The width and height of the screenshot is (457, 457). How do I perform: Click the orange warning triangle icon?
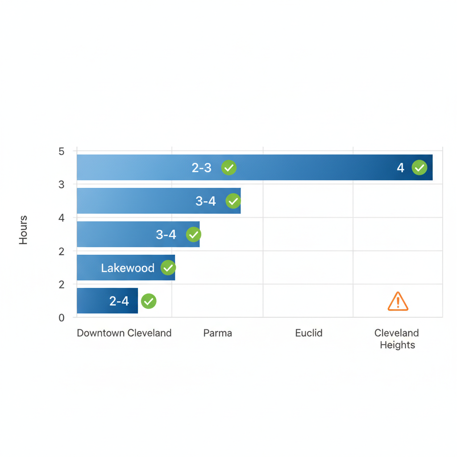398,302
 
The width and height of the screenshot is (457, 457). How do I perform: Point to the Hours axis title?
24,230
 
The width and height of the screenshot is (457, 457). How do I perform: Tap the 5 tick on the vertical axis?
62,151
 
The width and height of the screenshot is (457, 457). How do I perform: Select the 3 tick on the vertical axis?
62,184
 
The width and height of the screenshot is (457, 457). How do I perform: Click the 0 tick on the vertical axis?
62,318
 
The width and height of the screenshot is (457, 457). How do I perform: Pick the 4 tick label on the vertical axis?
62,218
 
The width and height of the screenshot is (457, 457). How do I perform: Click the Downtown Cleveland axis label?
124,333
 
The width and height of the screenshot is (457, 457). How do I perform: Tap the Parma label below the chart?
218,333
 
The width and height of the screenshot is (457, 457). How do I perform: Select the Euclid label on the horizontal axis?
309,333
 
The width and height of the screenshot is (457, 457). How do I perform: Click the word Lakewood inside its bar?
128,268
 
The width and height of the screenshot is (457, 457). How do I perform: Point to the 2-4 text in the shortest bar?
119,301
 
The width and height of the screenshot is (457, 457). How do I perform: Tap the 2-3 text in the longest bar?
202,168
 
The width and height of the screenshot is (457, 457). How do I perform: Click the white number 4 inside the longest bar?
400,168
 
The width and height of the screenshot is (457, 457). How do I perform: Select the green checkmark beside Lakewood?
168,268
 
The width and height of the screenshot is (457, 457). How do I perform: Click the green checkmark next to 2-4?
149,301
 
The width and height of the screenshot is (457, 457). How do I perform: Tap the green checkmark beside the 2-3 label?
228,168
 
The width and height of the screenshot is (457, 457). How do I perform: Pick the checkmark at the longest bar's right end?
419,168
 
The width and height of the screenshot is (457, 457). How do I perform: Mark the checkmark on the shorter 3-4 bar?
193,234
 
